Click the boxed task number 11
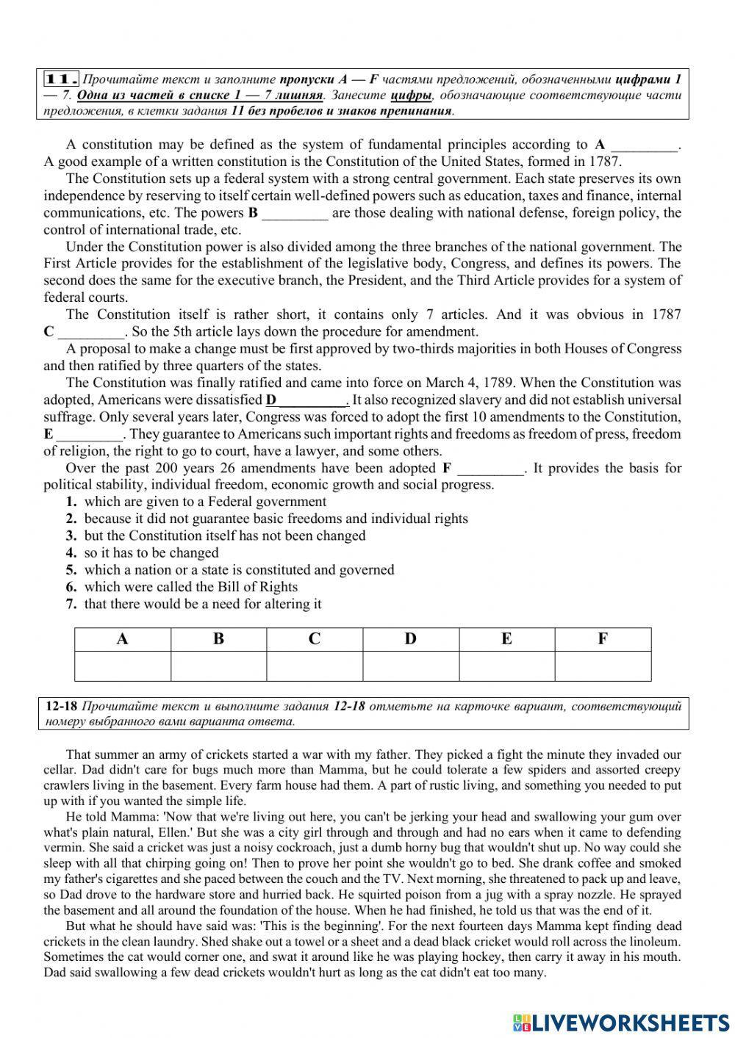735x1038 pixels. coord(62,79)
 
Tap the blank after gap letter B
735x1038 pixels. coord(295,214)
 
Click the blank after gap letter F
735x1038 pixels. coord(491,469)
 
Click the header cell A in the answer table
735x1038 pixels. coord(123,639)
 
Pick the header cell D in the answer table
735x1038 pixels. coord(410,639)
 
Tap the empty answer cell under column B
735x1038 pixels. coord(218,666)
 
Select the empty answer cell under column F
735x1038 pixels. coord(603,666)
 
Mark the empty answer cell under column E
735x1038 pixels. coord(506,666)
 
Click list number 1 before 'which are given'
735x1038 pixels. coord(71,502)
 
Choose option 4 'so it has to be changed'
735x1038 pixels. coord(151,553)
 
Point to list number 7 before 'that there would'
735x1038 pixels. coord(71,605)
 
